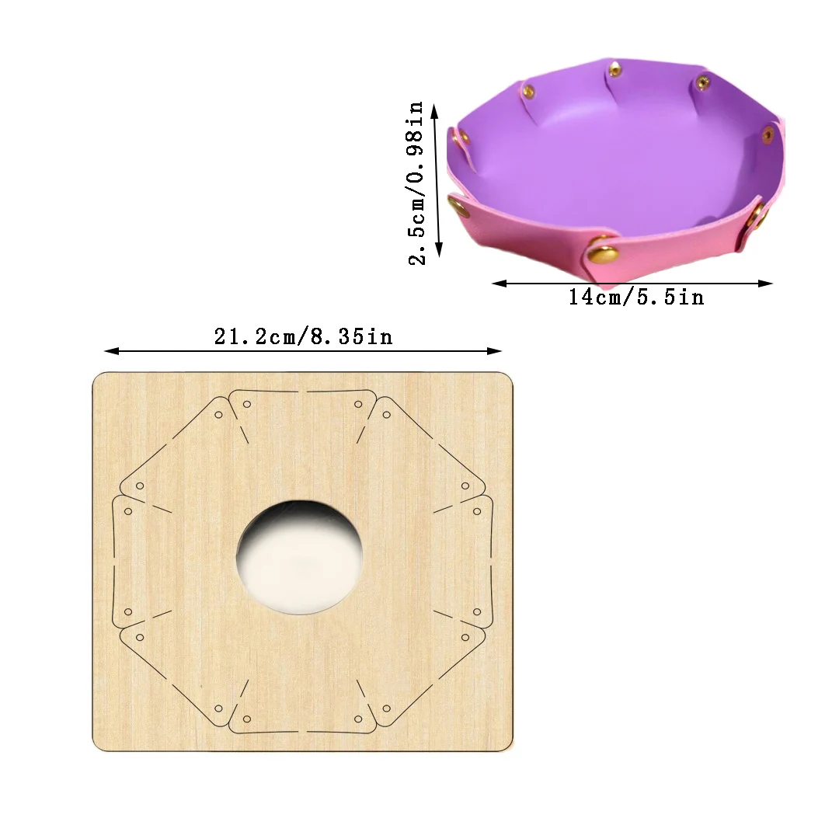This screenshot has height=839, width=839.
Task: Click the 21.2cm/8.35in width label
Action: click(303, 336)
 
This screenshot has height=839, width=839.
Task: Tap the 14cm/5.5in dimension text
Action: click(636, 297)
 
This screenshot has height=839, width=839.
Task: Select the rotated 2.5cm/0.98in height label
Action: click(417, 183)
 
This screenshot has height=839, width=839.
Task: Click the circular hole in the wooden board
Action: click(300, 556)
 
